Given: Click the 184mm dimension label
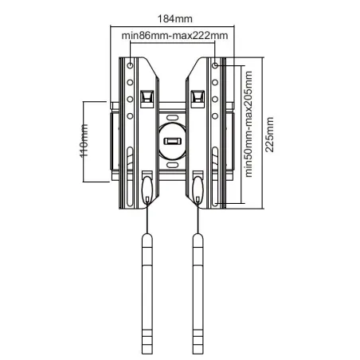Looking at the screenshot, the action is pos(175,19).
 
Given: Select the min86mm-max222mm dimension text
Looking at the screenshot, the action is pos(174,36).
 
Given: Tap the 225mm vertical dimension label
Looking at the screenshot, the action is pos(270,135).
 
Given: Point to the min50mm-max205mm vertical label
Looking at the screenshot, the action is pos(248,124).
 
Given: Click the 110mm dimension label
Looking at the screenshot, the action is pos(84,141).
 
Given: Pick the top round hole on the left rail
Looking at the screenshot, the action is pos(130,65).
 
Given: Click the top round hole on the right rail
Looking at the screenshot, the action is pos(215,65).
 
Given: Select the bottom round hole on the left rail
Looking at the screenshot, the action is pos(130,116).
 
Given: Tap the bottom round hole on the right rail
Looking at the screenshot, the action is pos(215,116).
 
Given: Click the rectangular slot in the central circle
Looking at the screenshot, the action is pos(172,141).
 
